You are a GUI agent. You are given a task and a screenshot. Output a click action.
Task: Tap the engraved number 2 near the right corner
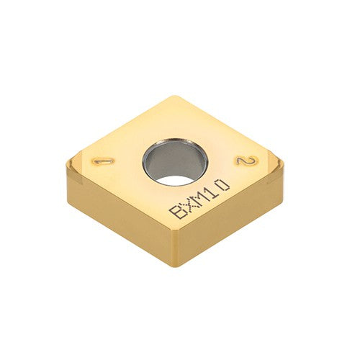[243, 161]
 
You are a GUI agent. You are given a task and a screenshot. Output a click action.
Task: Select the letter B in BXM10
[176, 212]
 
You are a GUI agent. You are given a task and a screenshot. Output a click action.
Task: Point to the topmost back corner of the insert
[173, 96]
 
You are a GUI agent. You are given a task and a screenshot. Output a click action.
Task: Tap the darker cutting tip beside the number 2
[272, 162]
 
